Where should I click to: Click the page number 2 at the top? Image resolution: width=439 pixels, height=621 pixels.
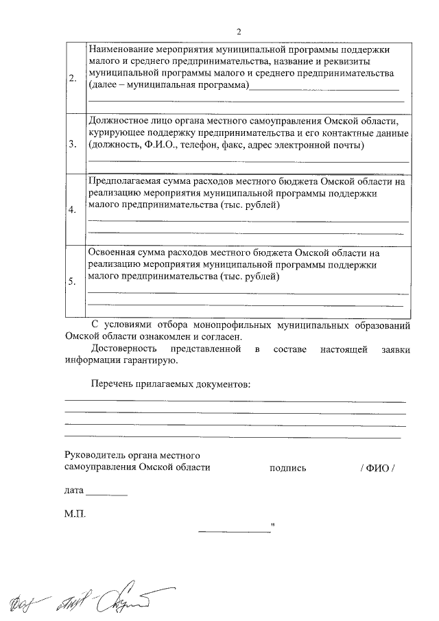pos(239,32)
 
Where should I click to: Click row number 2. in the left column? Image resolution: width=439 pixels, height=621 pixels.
pos(73,78)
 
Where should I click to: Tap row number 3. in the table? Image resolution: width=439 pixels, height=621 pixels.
pos(73,145)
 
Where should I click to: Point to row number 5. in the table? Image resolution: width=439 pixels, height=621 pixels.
pos(73,281)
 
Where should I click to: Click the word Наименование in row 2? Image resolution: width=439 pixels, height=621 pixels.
pos(121,50)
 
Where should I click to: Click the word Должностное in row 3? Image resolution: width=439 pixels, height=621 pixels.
pos(119,121)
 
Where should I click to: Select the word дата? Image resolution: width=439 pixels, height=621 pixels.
pos(74,491)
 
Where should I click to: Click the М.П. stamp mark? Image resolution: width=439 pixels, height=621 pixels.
pos(75,513)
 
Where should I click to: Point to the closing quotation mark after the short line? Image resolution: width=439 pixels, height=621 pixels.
pos(273,527)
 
